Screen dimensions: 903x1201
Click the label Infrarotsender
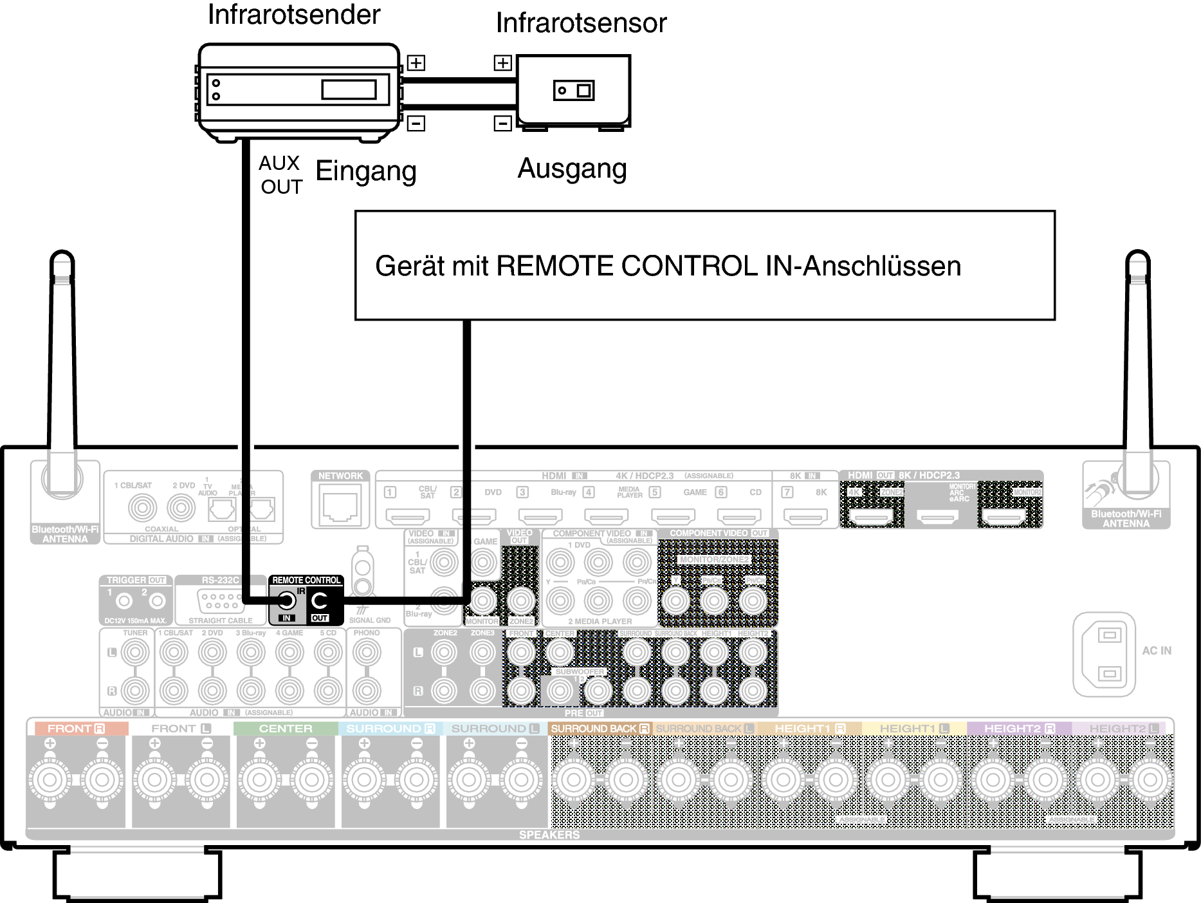294,14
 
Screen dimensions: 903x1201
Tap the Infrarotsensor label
581,23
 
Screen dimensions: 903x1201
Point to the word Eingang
366,171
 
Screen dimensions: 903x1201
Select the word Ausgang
572,169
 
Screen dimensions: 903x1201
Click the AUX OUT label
280,175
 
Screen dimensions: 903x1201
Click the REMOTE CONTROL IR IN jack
286,601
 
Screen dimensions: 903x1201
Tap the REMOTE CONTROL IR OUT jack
320,601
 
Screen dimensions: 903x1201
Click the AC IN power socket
1104,654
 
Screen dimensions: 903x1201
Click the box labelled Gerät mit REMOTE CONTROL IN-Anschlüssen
704,265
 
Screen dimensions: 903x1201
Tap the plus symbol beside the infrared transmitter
416,63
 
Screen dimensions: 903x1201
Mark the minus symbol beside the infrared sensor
502,123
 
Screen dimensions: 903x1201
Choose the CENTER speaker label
286,729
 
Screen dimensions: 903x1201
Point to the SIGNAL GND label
370,620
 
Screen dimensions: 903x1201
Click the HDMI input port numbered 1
407,515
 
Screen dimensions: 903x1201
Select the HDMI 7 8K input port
805,515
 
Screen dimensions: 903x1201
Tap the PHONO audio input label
367,633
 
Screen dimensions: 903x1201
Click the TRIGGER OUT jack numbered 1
124,601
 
